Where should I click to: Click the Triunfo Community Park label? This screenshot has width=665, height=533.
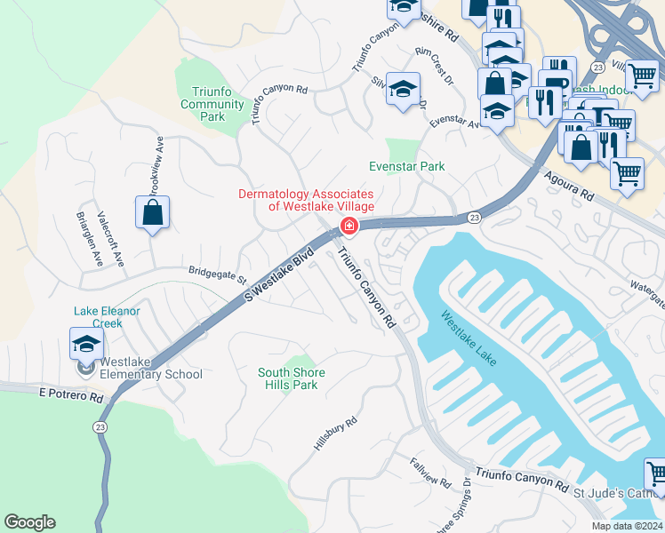(x=212, y=104)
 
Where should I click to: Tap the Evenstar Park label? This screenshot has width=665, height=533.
(x=406, y=166)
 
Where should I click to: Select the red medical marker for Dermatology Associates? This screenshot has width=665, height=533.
(x=349, y=227)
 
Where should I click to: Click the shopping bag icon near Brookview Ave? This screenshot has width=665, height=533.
(x=153, y=212)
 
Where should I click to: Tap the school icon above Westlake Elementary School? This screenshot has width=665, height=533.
(x=86, y=344)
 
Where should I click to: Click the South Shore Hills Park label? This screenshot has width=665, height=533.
(x=291, y=378)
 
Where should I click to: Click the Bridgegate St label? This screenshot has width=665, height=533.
(x=217, y=274)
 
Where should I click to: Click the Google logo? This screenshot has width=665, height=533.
(x=29, y=522)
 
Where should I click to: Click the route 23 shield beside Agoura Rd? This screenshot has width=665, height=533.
(x=474, y=217)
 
